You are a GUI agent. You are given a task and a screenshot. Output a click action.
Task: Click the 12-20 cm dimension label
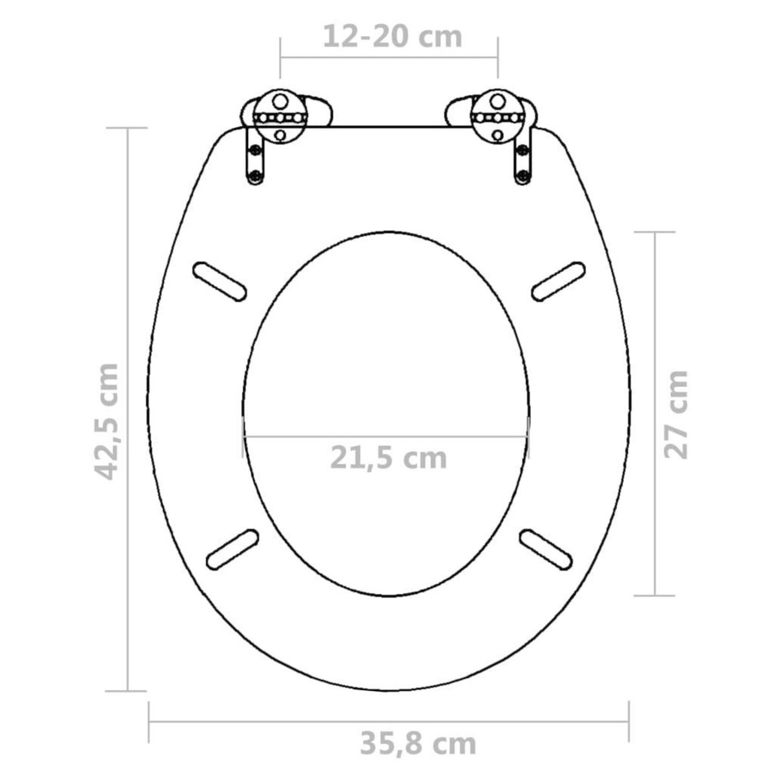(x=392, y=37)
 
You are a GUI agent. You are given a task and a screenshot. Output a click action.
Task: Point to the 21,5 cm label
(x=389, y=458)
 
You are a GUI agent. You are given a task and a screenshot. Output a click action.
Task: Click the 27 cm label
(x=676, y=415)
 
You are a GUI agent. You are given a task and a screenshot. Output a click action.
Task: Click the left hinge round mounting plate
(x=280, y=118)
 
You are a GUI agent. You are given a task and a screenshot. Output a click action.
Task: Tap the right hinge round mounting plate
(x=497, y=118)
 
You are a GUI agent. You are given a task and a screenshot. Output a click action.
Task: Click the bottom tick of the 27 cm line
(x=656, y=595)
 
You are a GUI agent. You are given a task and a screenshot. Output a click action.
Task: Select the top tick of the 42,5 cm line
(x=127, y=129)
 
